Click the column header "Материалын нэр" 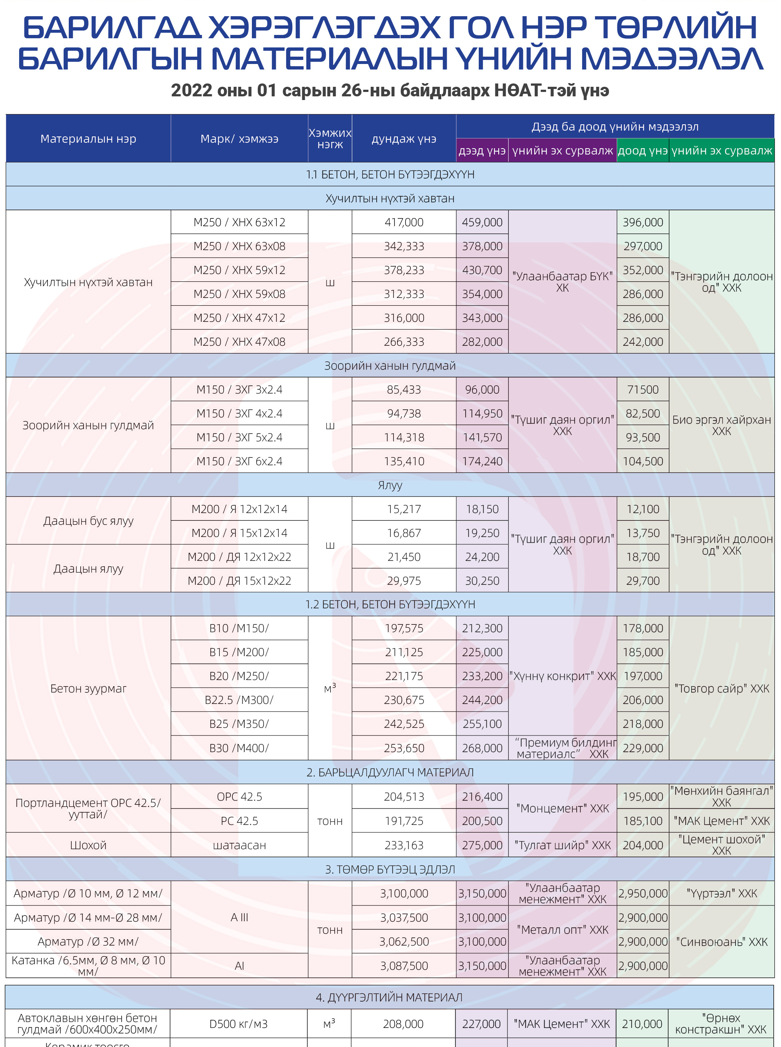(x=88, y=139)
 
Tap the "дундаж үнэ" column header (x=404, y=139)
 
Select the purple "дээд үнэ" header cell (x=482, y=151)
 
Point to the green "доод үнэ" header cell (x=642, y=151)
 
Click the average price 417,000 (x=404, y=222)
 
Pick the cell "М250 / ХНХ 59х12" (x=239, y=270)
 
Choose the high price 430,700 (x=482, y=270)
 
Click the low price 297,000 (x=642, y=246)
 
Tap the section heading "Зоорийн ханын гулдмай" (x=389, y=366)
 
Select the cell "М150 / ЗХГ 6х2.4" (x=239, y=461)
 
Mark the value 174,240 (x=482, y=461)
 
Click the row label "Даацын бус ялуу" (x=88, y=520)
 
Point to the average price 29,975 (x=404, y=580)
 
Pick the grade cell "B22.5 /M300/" (x=239, y=699)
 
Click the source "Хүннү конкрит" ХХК (x=562, y=676)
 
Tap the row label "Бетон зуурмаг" (x=88, y=688)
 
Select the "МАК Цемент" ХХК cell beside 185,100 (x=721, y=820)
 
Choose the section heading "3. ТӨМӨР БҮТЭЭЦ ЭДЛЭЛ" (x=389, y=869)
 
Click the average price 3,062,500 (x=404, y=941)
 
